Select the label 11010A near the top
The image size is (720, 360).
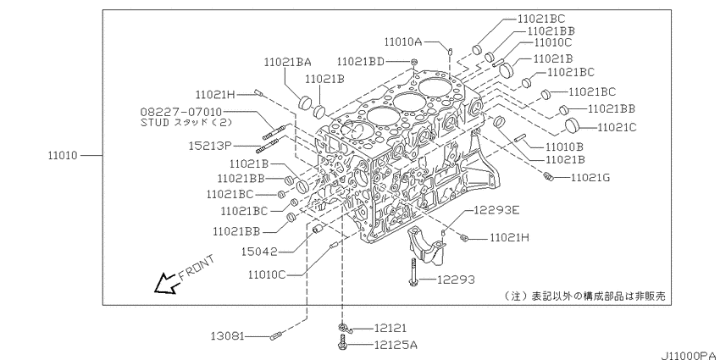coord(408,41)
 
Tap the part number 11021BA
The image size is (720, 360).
coord(287,61)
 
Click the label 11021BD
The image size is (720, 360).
coord(360,61)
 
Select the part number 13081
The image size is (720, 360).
coord(228,335)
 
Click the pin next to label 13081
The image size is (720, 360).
coord(274,336)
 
